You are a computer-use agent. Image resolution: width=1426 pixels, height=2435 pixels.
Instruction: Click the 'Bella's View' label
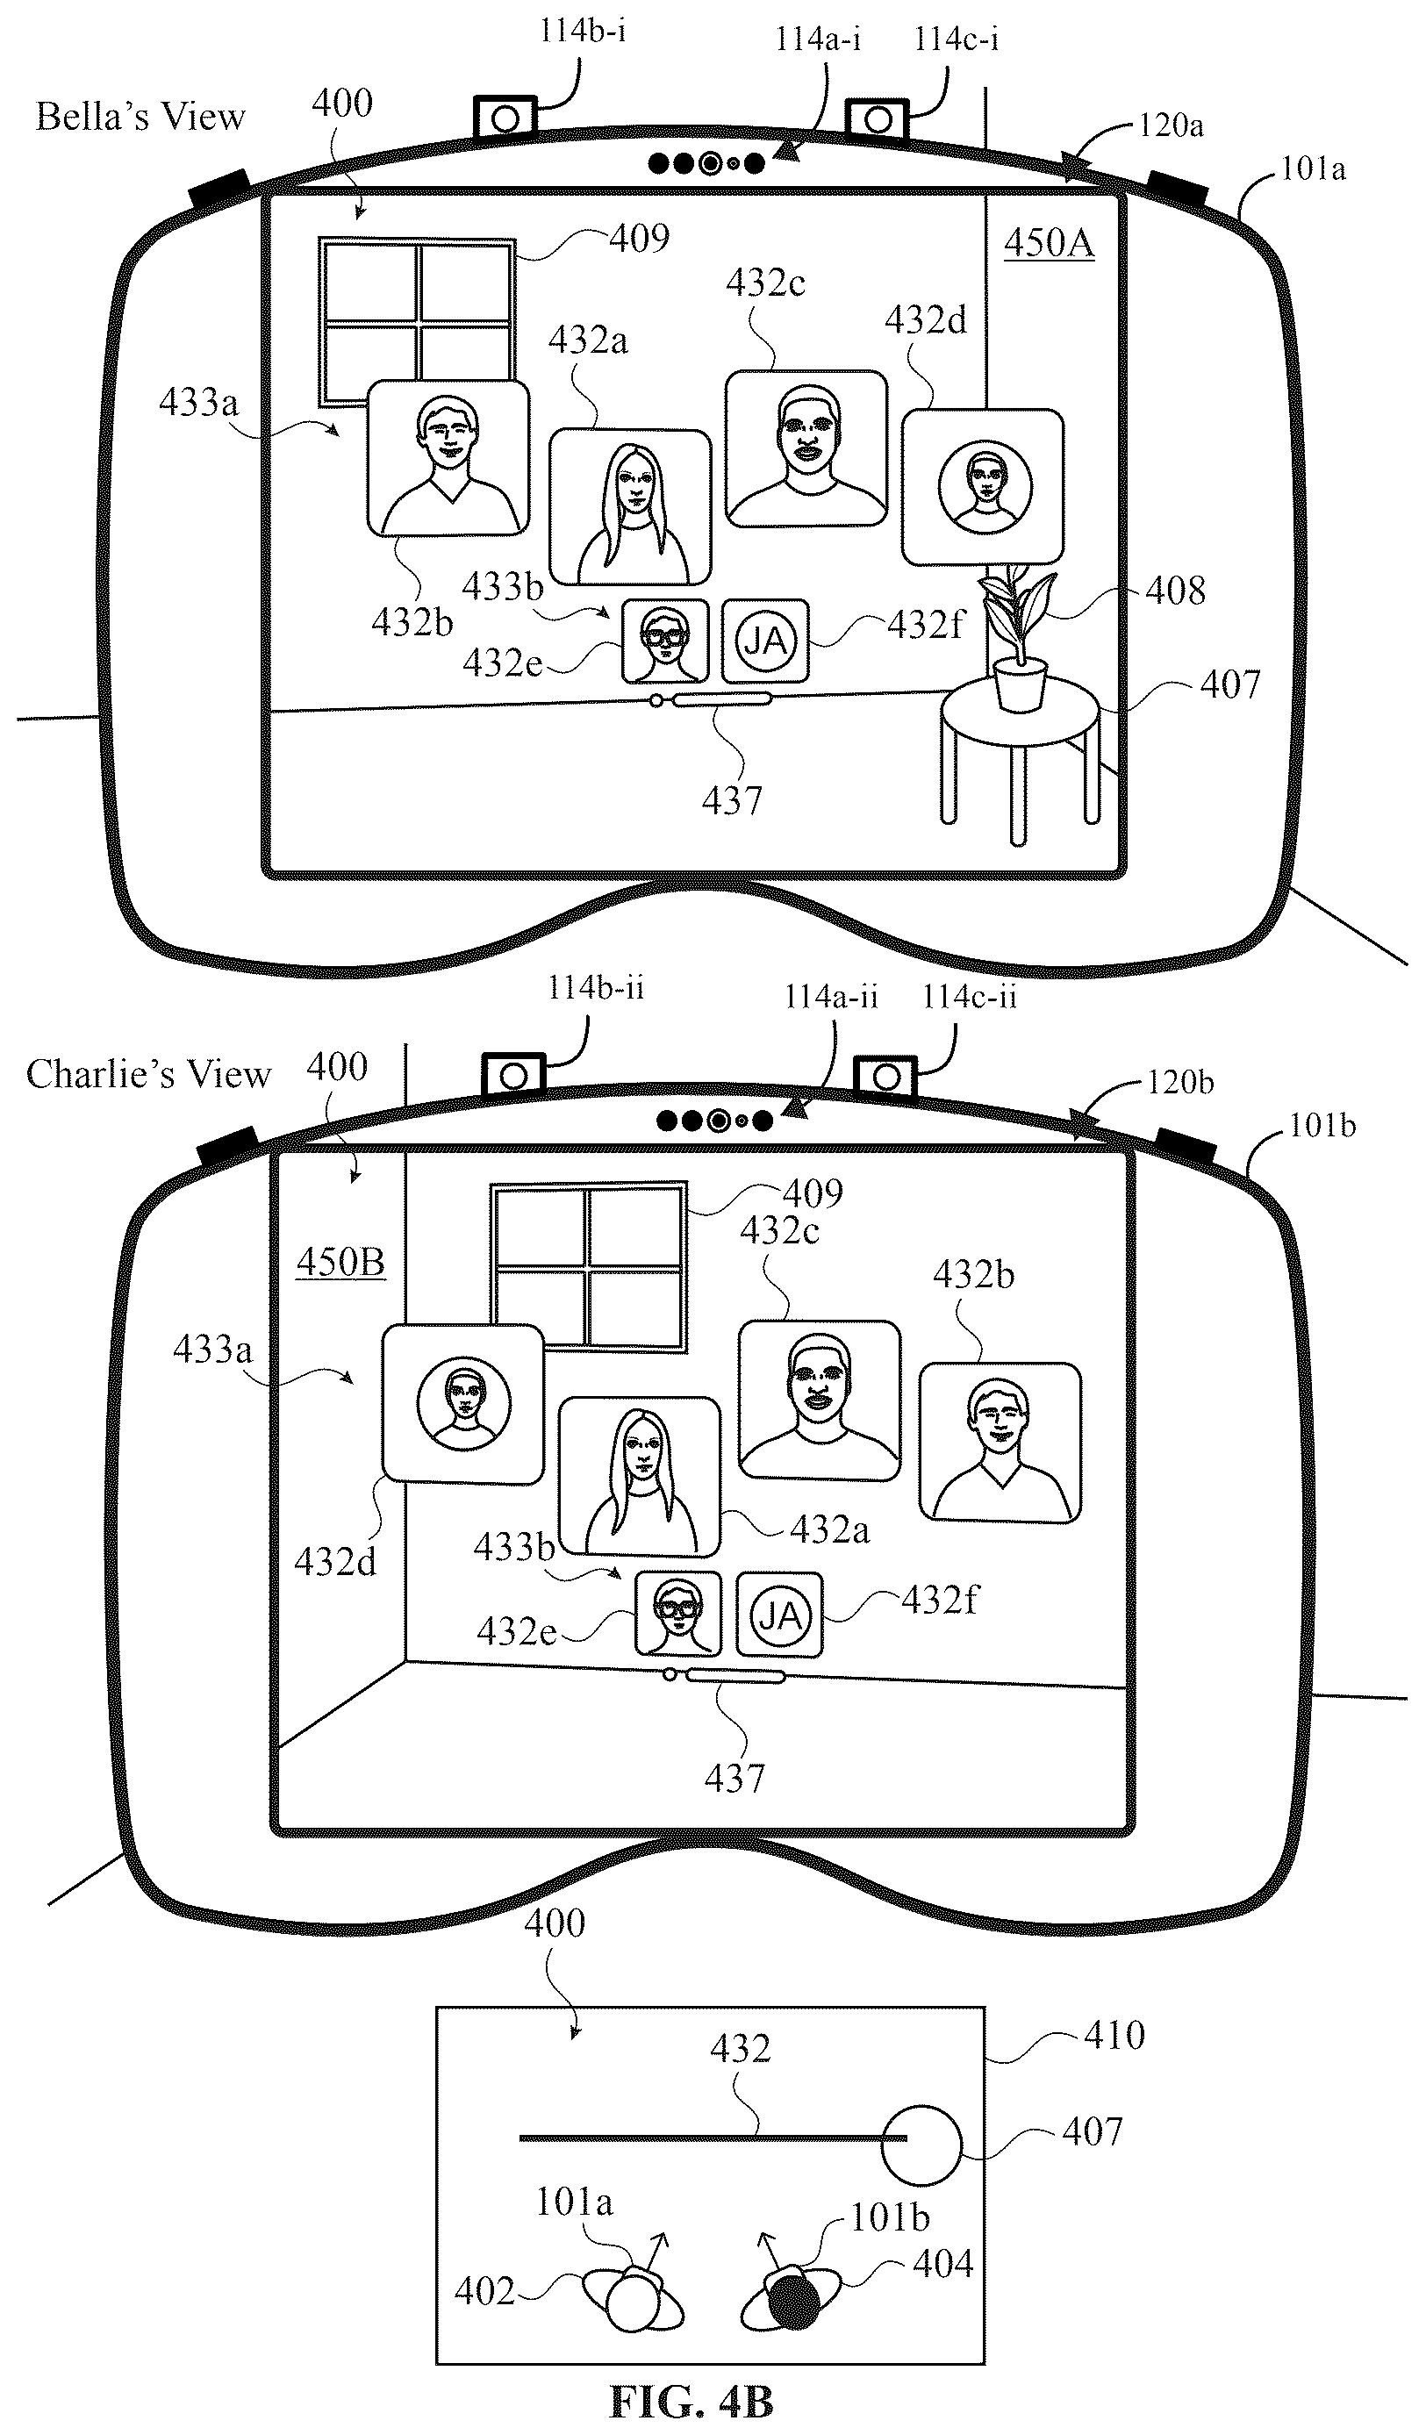[x=141, y=116]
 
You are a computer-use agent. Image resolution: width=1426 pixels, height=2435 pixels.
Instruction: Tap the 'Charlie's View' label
[x=149, y=1073]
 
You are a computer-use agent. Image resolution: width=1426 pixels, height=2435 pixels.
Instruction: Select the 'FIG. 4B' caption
[x=692, y=2400]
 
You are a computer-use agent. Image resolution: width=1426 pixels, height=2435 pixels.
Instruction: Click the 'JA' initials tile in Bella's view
[x=765, y=641]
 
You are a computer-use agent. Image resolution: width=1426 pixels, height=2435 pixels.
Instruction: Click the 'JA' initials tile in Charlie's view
[x=779, y=1615]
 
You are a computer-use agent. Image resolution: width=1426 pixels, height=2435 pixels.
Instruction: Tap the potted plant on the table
[x=1017, y=638]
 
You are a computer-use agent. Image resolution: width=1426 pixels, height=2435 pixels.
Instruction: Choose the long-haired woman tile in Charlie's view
[x=640, y=1476]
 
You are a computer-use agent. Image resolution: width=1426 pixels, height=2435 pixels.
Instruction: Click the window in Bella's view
[x=418, y=322]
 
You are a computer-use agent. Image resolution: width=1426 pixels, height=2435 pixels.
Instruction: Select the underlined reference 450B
[x=340, y=1262]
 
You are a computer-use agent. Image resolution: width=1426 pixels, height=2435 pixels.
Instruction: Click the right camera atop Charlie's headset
[x=887, y=1077]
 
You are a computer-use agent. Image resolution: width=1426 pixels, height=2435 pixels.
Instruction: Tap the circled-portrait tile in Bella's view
[x=984, y=487]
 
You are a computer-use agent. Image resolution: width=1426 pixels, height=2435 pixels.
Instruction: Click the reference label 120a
[x=1171, y=125]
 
